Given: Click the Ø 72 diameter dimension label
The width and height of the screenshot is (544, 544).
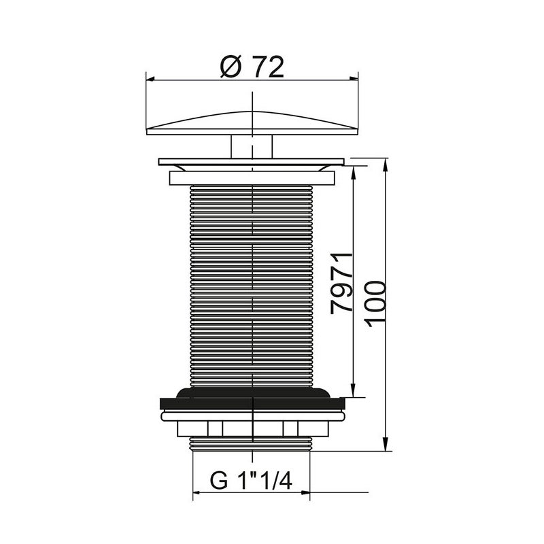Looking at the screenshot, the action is pyautogui.click(x=252, y=66).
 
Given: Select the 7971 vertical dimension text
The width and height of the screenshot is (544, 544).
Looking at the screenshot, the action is pyautogui.click(x=341, y=284).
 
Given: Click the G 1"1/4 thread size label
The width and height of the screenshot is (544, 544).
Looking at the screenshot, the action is pyautogui.click(x=251, y=480).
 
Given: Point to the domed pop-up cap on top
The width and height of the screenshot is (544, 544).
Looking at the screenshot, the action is pyautogui.click(x=252, y=123).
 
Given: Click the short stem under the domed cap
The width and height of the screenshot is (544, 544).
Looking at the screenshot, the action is pyautogui.click(x=252, y=146).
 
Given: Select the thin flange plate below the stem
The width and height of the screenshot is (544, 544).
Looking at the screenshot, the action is pyautogui.click(x=251, y=162).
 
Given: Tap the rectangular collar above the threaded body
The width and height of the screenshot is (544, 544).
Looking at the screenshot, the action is pyautogui.click(x=252, y=178).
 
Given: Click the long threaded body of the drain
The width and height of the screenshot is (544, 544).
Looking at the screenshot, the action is pyautogui.click(x=252, y=286).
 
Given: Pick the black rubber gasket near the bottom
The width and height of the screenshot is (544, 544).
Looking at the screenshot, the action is pyautogui.click(x=252, y=398).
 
